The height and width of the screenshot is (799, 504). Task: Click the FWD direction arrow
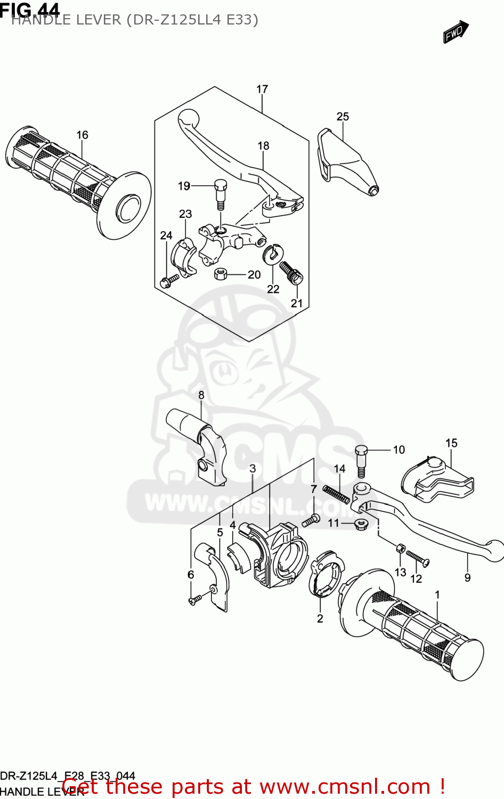click(x=456, y=32)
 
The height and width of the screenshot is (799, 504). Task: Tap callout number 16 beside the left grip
click(x=82, y=135)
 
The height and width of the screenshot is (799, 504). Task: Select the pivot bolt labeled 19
click(x=221, y=195)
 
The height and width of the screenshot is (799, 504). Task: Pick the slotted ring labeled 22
click(x=273, y=254)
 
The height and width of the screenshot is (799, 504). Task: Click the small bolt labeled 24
click(x=170, y=280)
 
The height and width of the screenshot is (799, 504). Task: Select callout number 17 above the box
click(x=262, y=89)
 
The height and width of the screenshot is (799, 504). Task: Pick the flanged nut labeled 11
click(x=360, y=524)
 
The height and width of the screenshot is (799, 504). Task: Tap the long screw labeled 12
click(x=418, y=558)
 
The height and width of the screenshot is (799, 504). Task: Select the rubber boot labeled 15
click(x=436, y=479)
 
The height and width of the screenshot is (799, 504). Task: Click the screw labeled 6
click(x=194, y=600)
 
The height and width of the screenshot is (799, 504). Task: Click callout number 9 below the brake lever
click(x=467, y=577)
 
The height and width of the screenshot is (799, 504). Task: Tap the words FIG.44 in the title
click(x=30, y=9)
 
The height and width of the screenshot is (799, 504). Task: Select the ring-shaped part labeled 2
click(x=324, y=577)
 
